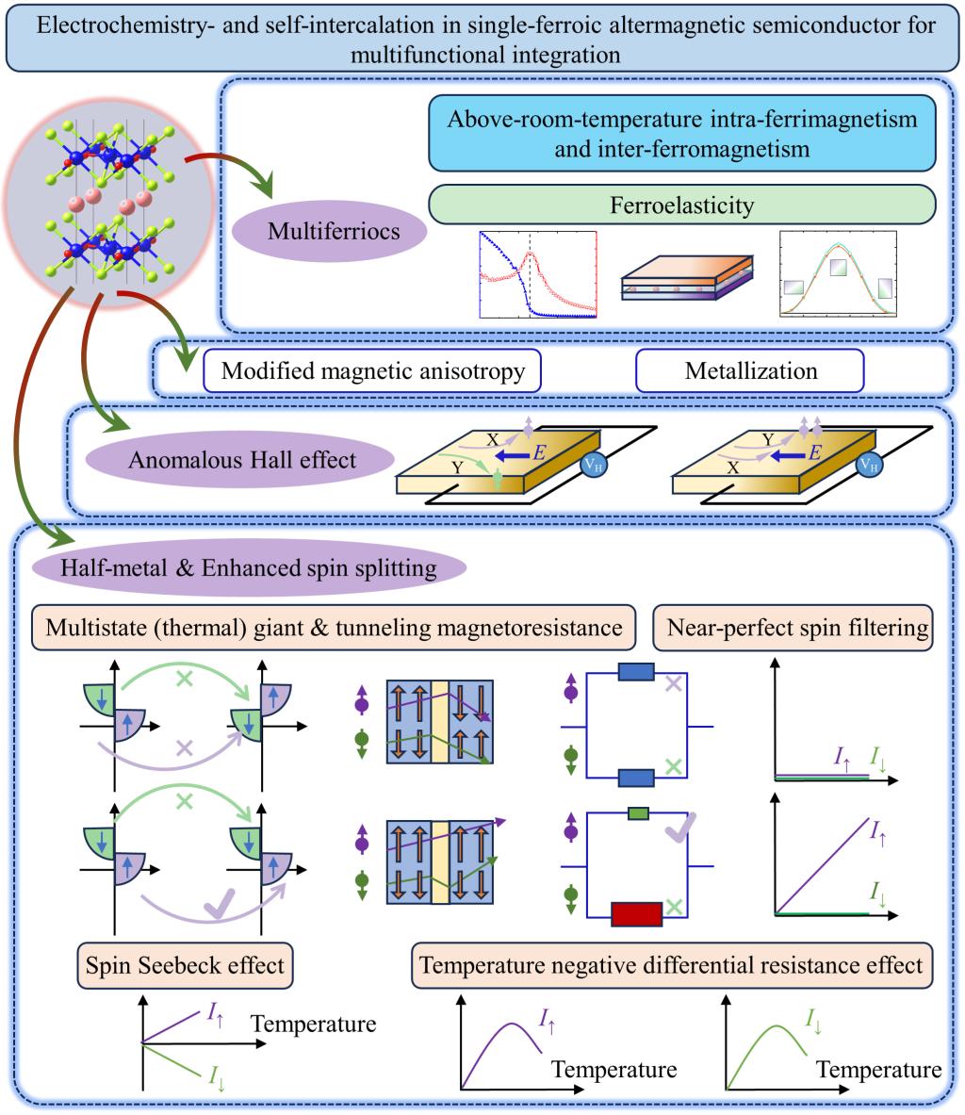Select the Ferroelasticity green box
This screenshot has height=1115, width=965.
coord(682,203)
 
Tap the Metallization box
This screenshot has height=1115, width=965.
coord(750,370)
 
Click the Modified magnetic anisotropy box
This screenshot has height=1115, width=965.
coord(372,370)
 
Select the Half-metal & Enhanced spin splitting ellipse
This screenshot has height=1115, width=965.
coord(249,568)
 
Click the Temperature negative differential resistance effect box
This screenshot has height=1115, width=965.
coord(672,965)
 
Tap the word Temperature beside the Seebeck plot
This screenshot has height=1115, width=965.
coord(314,1024)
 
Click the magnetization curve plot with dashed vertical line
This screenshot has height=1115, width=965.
coord(538,273)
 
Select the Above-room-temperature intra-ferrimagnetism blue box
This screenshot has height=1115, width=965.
coord(682,135)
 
